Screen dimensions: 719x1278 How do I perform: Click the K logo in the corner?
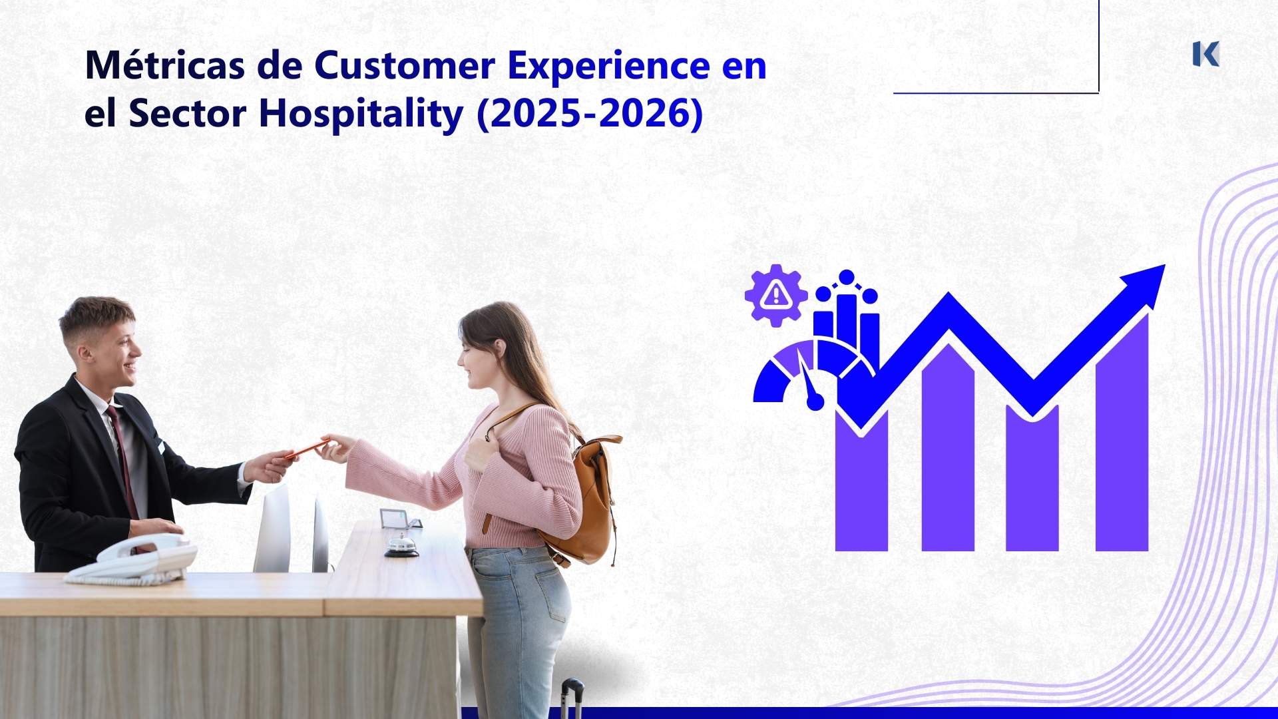click(x=1205, y=54)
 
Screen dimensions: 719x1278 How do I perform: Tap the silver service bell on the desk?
click(x=401, y=547)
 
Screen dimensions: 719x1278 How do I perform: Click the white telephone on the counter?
click(x=133, y=559)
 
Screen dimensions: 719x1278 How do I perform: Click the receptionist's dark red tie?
click(x=124, y=459)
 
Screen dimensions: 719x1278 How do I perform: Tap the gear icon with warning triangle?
click(x=775, y=294)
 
